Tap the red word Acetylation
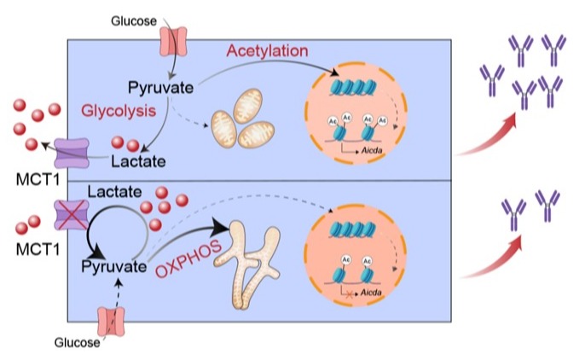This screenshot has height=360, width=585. [267, 51]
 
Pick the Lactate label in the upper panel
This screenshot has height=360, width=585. [141, 159]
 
